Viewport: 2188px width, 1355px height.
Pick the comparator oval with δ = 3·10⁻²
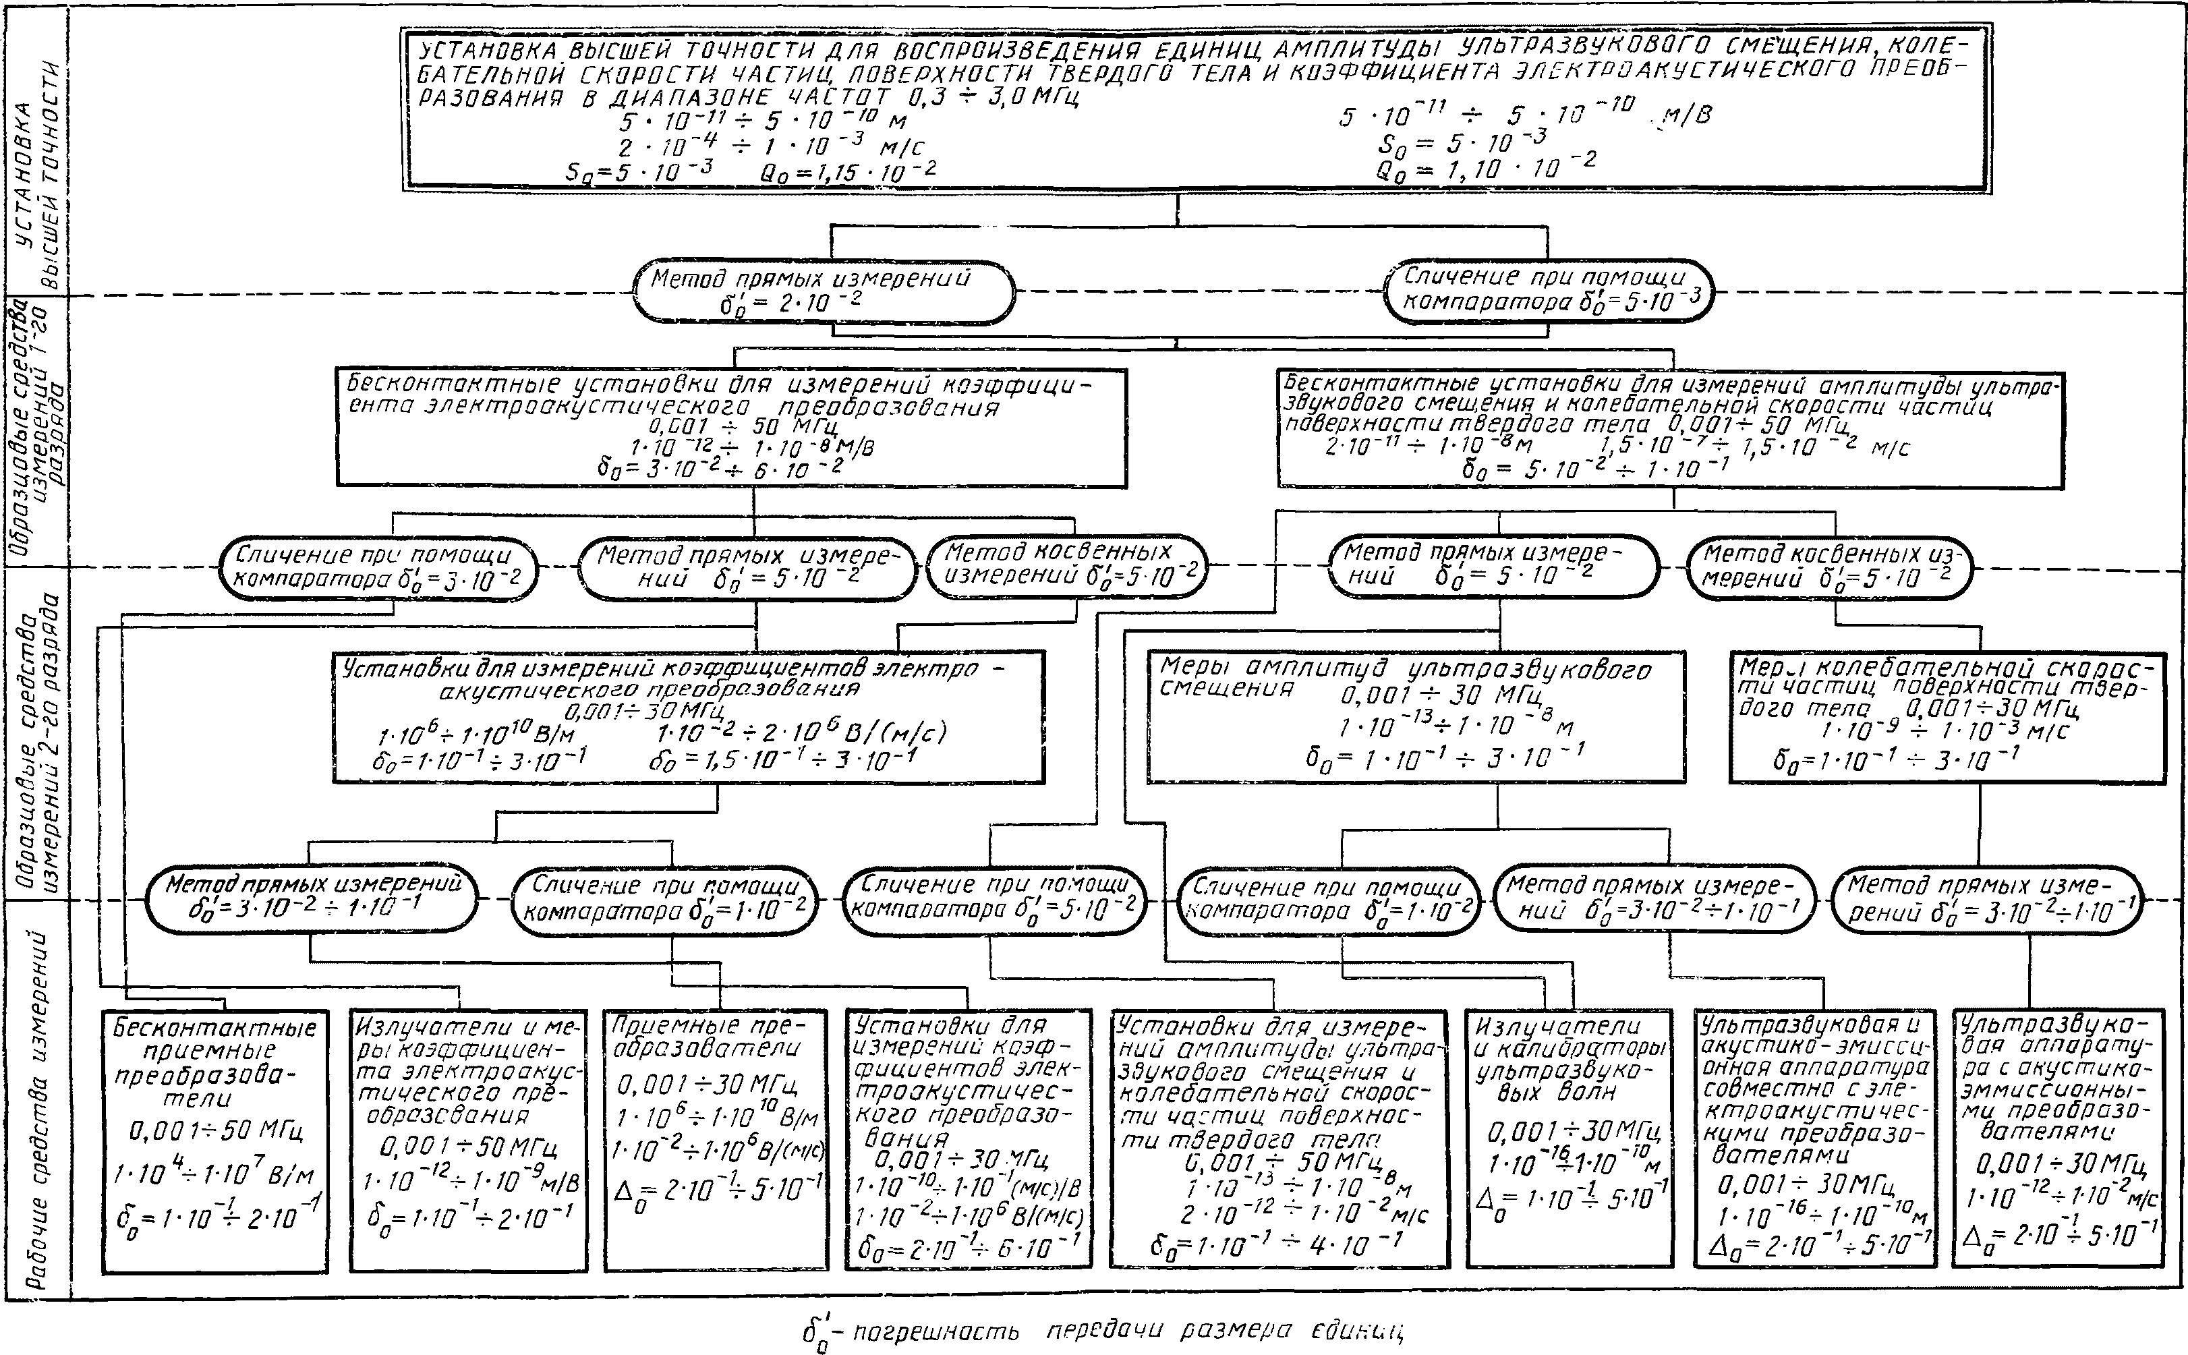click(x=378, y=568)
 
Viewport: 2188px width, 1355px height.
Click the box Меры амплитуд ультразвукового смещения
click(x=1416, y=716)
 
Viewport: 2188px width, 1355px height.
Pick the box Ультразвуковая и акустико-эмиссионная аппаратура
click(x=1814, y=1138)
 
